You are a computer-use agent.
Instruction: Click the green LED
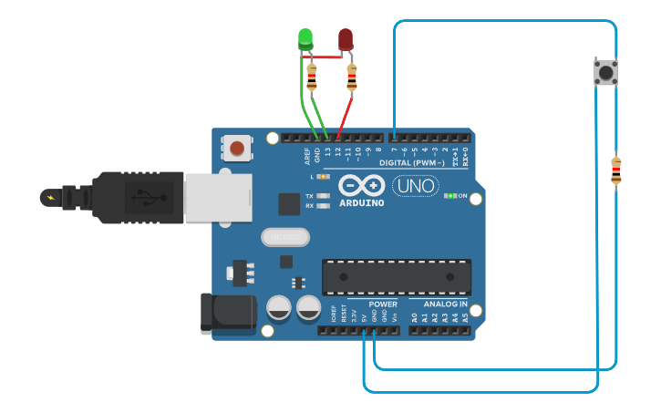click(x=305, y=38)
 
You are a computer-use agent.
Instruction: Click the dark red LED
click(x=346, y=39)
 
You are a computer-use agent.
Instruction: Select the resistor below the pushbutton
click(x=616, y=170)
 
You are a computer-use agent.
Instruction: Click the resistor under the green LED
click(x=312, y=77)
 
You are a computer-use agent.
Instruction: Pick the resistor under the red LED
click(x=352, y=78)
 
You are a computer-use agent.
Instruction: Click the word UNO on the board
click(x=415, y=186)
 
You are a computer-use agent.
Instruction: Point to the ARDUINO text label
click(x=362, y=202)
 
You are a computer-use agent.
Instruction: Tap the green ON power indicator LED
click(x=449, y=196)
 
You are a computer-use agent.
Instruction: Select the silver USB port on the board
click(x=218, y=198)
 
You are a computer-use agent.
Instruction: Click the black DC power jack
click(x=227, y=312)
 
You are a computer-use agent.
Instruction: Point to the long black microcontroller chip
click(x=397, y=277)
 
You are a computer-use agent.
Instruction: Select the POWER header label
click(x=383, y=304)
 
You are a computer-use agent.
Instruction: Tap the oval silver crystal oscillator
click(x=285, y=237)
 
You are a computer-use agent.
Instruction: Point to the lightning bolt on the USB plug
click(x=50, y=197)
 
